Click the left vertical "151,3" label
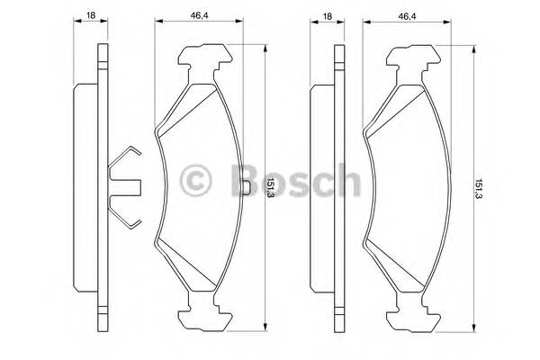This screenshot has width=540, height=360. [x=270, y=190]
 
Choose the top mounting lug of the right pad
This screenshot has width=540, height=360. [x=413, y=61]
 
